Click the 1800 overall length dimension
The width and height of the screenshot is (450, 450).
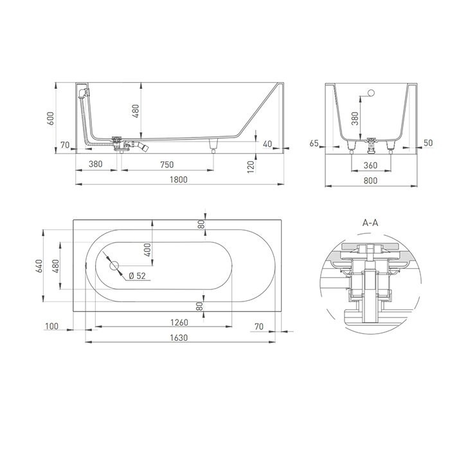click(x=178, y=179)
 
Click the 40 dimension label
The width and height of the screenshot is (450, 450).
click(x=267, y=144)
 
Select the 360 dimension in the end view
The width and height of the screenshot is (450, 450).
click(x=370, y=165)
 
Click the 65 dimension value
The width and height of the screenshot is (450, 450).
click(x=314, y=144)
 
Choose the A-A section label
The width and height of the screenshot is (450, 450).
click(x=370, y=222)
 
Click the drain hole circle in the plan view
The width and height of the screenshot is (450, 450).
click(x=114, y=265)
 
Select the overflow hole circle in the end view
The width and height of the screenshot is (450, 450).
click(x=370, y=94)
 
